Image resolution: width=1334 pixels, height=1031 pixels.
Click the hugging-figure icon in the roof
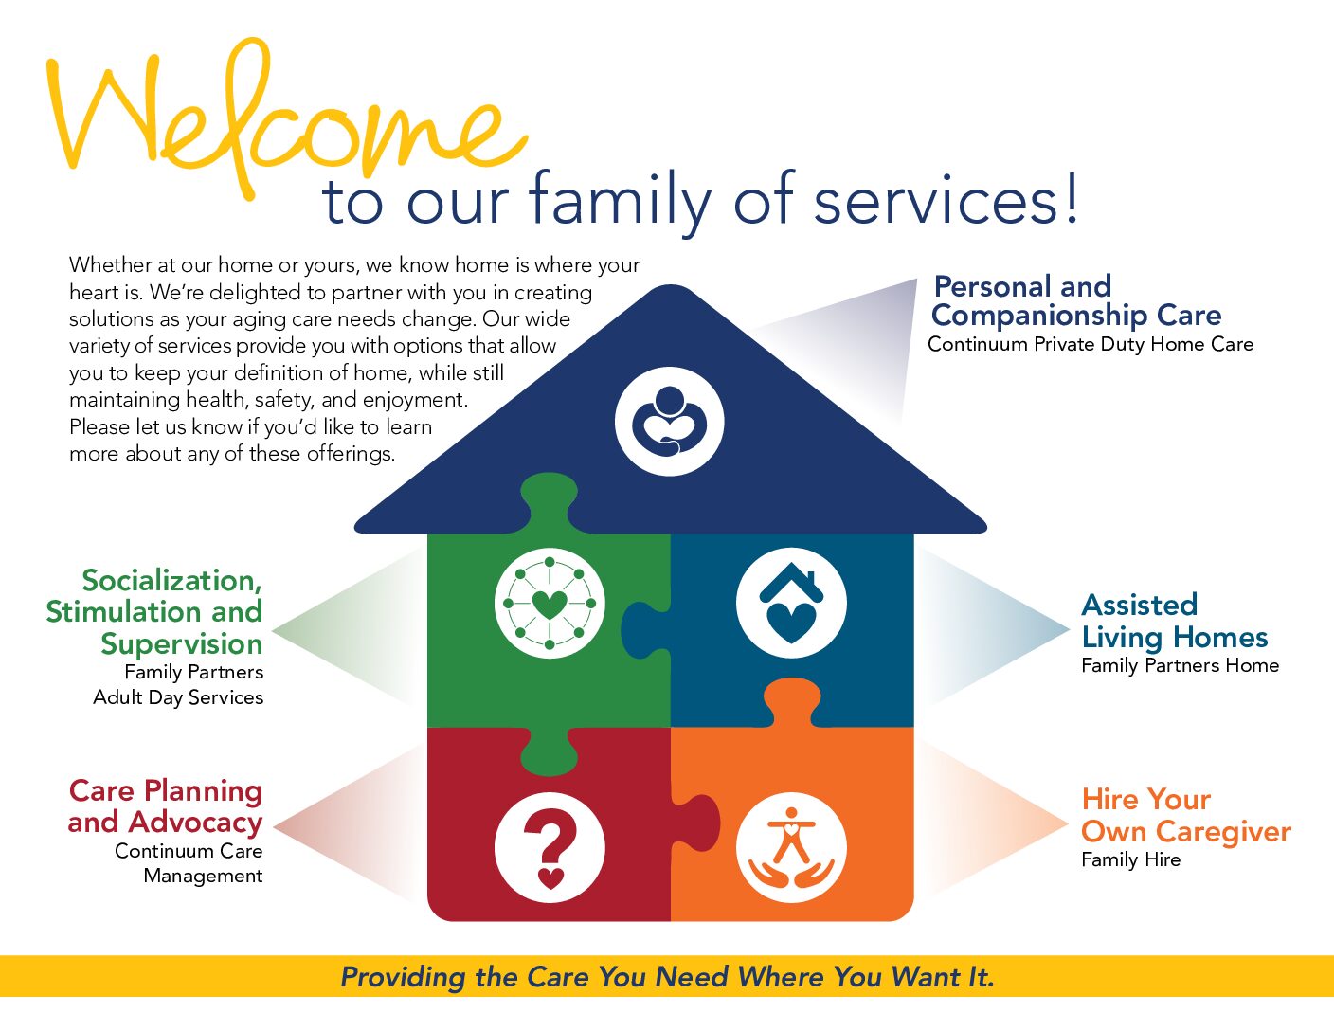click(669, 422)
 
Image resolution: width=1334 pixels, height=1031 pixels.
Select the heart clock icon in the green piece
click(550, 603)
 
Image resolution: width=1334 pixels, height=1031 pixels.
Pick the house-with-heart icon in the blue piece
click(791, 603)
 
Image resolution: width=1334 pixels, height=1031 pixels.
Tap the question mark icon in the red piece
click(550, 848)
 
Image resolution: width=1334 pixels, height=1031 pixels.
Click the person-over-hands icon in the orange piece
click(791, 848)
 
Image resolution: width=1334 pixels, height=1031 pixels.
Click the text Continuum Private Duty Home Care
click(1091, 344)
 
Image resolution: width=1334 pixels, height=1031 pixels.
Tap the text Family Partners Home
click(1180, 665)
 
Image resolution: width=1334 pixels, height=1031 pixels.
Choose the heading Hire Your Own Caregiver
click(1186, 816)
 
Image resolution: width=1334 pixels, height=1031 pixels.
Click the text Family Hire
click(1131, 859)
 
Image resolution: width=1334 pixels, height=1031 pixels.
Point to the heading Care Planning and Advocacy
click(165, 806)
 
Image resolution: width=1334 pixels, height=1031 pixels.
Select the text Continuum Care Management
click(189, 862)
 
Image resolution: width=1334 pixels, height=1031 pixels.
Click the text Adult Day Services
click(178, 697)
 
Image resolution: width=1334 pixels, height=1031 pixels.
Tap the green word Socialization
click(171, 581)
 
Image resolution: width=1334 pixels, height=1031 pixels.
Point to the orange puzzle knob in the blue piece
click(792, 702)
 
